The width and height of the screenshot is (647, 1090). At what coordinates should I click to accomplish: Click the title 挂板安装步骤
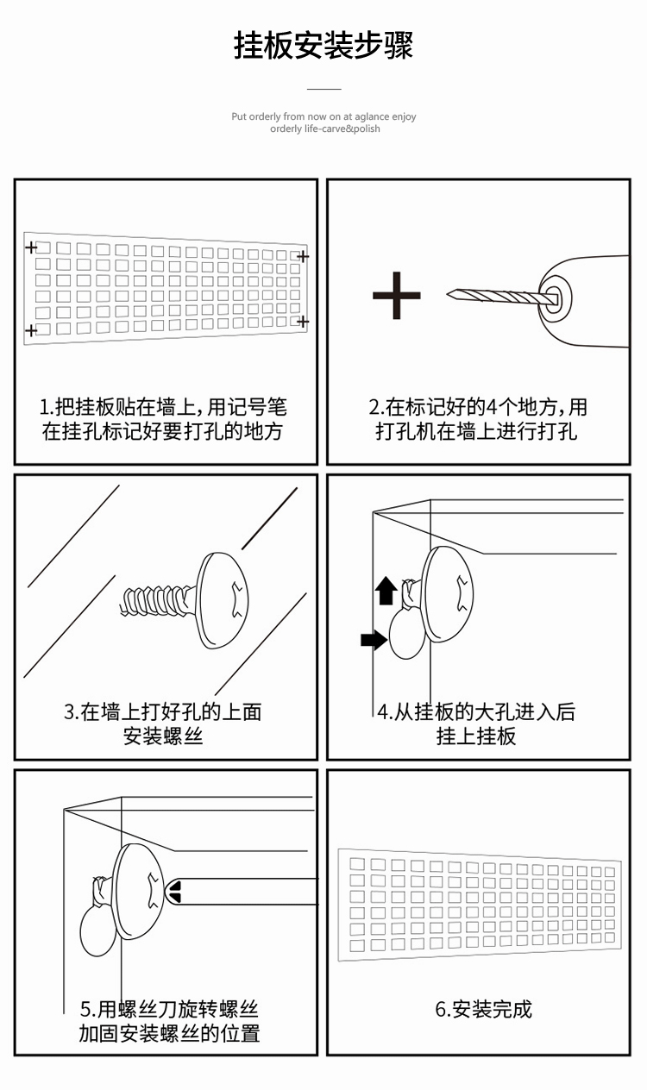pos(323,46)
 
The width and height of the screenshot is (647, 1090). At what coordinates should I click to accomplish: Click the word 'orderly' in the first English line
pos(264,116)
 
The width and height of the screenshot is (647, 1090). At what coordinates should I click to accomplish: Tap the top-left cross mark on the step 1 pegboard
pos(32,247)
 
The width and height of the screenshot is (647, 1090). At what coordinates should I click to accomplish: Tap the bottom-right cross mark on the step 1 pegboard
pos(303,322)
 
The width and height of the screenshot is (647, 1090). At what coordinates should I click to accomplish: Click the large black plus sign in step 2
pos(397,295)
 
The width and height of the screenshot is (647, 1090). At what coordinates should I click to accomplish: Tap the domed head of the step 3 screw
pos(222,600)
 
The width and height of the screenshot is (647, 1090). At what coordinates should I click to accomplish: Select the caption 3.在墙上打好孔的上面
pos(163,712)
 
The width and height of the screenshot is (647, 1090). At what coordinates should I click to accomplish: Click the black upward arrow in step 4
pos(386,591)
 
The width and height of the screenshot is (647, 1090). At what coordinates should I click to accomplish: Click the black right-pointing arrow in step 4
pos(374,640)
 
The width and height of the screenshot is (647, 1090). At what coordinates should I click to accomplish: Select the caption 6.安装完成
pos(483,1009)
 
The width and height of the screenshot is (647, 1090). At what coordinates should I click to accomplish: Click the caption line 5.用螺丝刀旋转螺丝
pos(169,1010)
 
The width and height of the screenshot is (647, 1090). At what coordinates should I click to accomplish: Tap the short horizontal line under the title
pos(324,89)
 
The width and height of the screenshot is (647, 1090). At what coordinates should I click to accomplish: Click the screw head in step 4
pos(449,595)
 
